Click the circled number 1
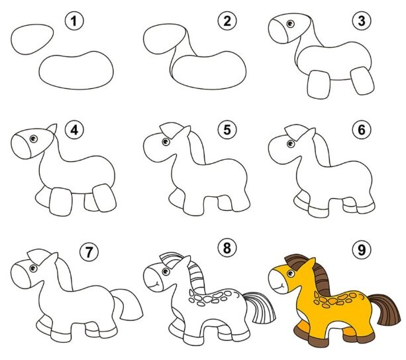point(74,21)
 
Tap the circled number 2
point(227,21)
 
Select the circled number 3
point(362,21)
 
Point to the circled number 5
point(227,129)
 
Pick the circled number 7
point(89,252)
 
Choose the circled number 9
point(362,250)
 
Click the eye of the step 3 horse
point(290,24)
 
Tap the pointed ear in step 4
point(52,129)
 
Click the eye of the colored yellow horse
point(291,274)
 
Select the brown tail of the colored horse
point(386,308)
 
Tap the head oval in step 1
point(32,39)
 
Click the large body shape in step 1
point(76,70)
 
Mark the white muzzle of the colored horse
point(277,281)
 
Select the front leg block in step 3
point(319,84)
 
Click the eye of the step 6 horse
point(291,144)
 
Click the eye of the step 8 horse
point(166,271)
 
